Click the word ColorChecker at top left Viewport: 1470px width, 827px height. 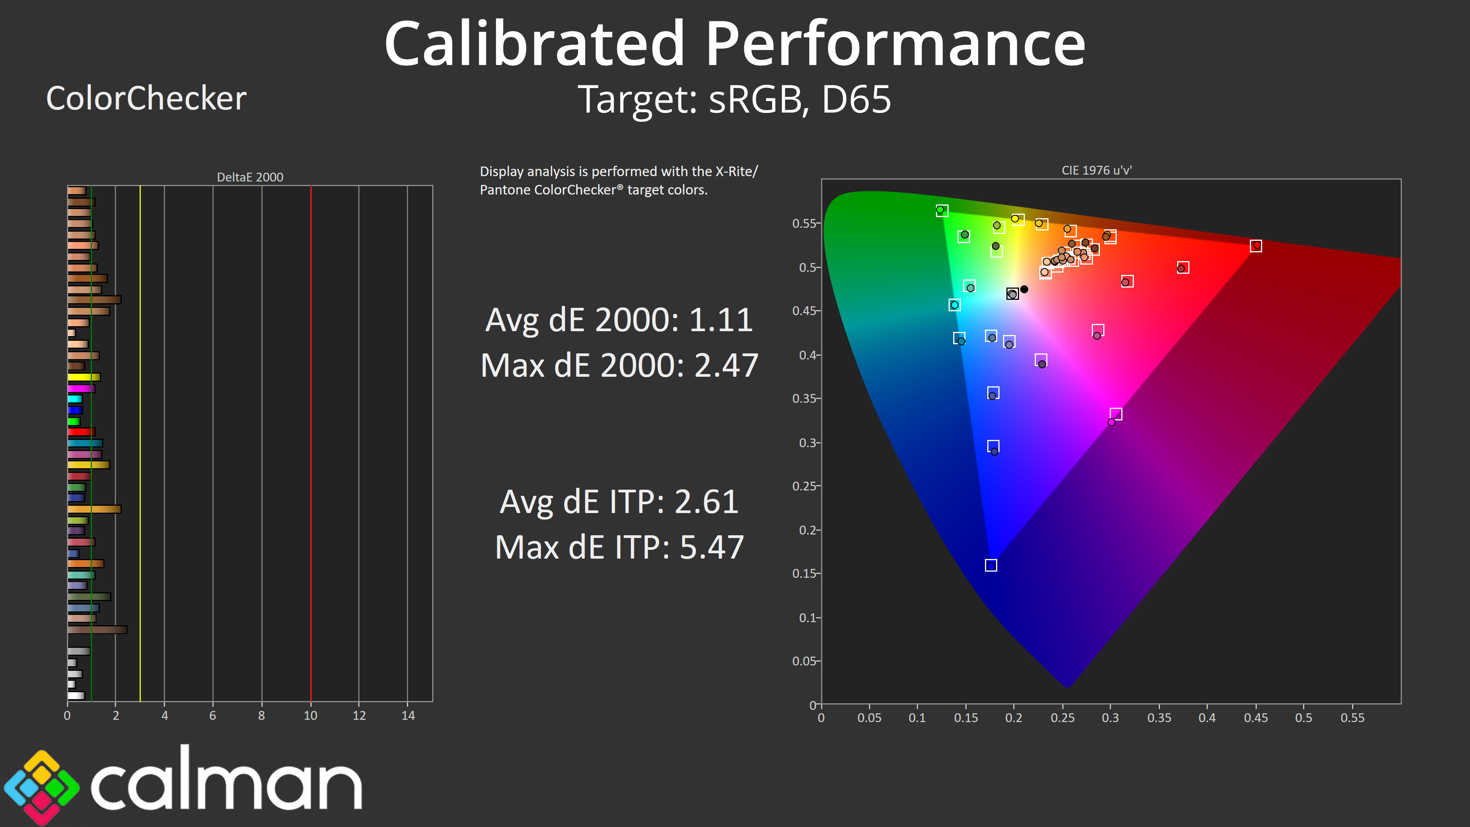(x=146, y=98)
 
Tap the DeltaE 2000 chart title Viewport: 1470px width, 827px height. (x=250, y=177)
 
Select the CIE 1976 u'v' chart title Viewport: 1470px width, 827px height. (x=1096, y=170)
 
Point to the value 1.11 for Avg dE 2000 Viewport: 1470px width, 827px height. (x=721, y=320)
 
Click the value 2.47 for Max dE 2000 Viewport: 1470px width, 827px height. (x=726, y=365)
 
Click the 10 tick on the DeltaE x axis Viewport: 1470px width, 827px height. (x=310, y=716)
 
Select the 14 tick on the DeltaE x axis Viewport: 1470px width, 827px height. (x=408, y=716)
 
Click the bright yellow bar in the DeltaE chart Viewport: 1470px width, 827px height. (x=83, y=377)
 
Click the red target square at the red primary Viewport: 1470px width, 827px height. (x=1256, y=246)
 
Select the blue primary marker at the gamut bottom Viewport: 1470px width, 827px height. (x=991, y=565)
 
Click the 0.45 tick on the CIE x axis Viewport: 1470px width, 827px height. (x=1256, y=718)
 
